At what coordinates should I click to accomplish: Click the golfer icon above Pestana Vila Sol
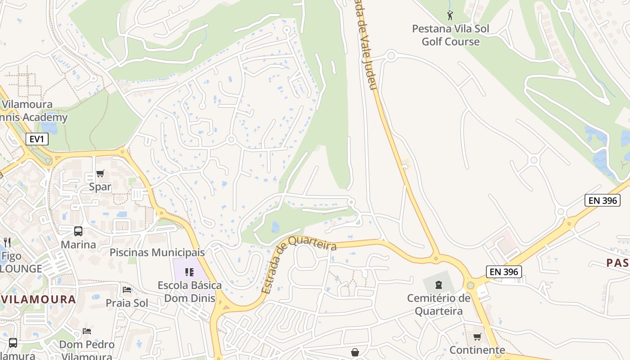click(x=450, y=16)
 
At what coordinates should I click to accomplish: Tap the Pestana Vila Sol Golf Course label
click(x=450, y=35)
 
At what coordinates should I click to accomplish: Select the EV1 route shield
click(x=36, y=139)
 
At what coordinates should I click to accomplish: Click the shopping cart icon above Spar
click(x=100, y=174)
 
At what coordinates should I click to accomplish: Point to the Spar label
click(x=100, y=186)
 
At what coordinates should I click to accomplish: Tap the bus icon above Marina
click(x=78, y=231)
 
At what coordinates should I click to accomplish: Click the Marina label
click(x=78, y=244)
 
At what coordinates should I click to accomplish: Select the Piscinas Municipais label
click(x=157, y=252)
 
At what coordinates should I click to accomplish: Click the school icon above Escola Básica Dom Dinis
click(x=189, y=272)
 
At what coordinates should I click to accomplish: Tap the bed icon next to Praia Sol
click(x=127, y=289)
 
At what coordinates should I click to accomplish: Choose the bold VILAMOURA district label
click(x=38, y=299)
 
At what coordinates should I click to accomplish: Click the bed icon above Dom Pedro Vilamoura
click(x=87, y=331)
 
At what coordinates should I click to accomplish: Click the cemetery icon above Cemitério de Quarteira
click(x=439, y=284)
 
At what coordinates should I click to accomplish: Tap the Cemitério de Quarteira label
click(x=439, y=304)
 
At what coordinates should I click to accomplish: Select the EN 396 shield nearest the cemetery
click(x=504, y=271)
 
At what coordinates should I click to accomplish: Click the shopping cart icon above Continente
click(x=477, y=337)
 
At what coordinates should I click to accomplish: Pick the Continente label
click(x=477, y=350)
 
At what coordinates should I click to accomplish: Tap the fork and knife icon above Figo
click(x=7, y=243)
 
